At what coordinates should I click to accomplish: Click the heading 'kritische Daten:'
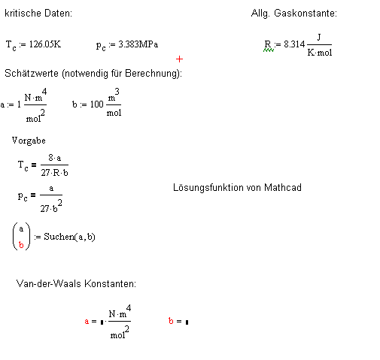38,13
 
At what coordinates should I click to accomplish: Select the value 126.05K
45,44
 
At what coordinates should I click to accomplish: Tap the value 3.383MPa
138,44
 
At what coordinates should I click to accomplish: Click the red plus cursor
179,59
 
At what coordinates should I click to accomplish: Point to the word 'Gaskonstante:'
306,13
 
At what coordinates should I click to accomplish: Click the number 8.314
294,44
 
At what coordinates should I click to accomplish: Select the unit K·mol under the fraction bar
320,53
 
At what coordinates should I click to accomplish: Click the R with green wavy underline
268,45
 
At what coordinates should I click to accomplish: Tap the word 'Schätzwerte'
32,73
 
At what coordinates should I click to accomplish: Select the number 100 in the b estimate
97,104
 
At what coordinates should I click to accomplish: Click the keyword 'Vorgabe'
29,141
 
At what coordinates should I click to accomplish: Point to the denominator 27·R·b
54,173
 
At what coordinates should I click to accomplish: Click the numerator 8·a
55,158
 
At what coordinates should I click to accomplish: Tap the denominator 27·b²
51,206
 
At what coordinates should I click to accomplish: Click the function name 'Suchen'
59,237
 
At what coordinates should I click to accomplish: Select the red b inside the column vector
21,244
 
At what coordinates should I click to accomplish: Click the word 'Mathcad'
283,187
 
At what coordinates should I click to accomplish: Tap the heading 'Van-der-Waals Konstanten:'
76,283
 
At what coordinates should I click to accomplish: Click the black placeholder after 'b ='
187,322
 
